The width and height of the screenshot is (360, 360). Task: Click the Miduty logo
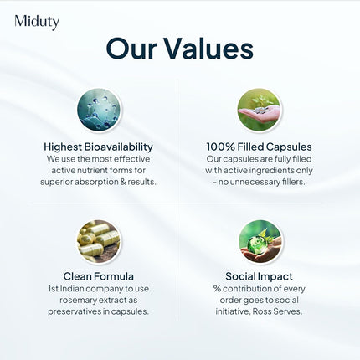click(37, 22)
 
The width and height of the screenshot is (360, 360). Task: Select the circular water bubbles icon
click(100, 111)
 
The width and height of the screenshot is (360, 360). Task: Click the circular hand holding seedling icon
click(259, 111)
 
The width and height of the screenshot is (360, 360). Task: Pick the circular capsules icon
click(100, 241)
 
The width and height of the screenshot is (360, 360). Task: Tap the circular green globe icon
click(259, 241)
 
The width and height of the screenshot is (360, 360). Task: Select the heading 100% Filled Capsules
click(259, 146)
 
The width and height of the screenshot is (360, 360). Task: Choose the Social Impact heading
click(259, 275)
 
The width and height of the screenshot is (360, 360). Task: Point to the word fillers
click(286, 182)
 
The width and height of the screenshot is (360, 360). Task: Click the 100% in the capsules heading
click(221, 146)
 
